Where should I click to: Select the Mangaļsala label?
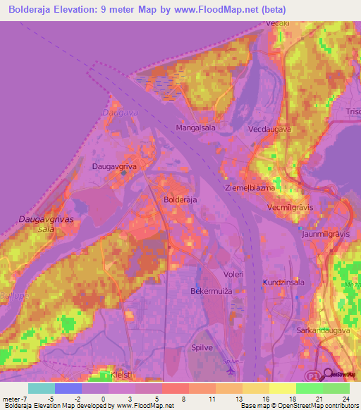[x=195, y=128]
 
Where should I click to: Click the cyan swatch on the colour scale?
[x=42, y=388]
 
